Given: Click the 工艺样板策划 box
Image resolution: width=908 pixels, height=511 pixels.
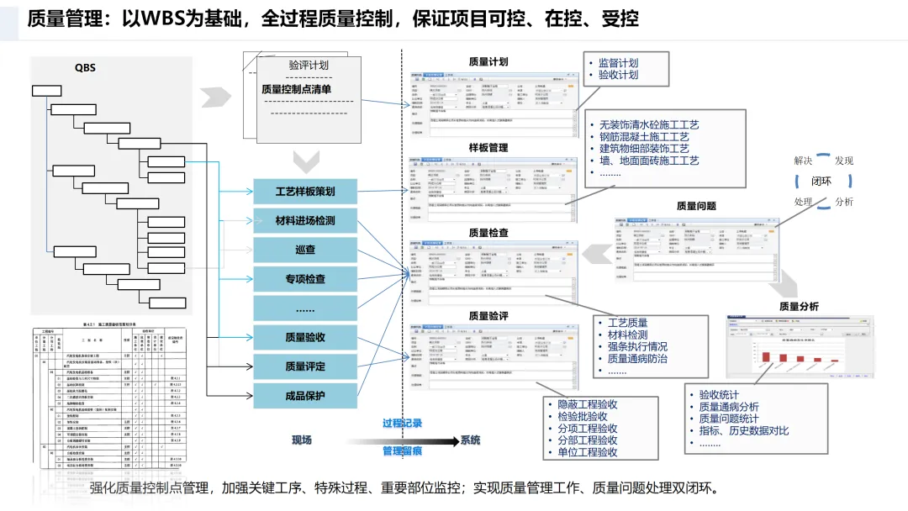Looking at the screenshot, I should [305, 192].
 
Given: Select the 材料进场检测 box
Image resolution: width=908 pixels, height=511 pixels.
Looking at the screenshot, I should [305, 221].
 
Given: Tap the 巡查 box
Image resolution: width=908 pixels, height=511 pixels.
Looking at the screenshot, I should [305, 250].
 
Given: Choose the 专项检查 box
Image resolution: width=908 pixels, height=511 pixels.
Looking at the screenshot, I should [305, 279].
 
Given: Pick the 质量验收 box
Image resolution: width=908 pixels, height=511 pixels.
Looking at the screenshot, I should [305, 337].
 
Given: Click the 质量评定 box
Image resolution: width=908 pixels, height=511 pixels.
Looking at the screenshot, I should [305, 366].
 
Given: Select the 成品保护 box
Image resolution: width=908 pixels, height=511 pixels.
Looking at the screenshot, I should [305, 395].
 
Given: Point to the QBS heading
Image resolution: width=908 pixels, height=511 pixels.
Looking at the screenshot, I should [85, 69].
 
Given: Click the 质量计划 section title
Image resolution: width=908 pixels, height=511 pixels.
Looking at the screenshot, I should [488, 62].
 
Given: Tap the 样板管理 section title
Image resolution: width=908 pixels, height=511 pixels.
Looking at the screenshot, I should [488, 148].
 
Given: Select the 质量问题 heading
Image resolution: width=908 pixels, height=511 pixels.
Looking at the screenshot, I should [696, 206].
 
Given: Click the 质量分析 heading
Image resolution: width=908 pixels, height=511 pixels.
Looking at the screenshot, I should [799, 306].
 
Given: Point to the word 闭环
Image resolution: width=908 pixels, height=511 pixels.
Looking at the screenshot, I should [821, 181].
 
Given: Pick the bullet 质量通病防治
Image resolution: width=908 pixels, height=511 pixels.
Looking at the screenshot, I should [637, 358].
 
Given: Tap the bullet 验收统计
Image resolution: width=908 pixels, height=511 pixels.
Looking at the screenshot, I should [719, 395].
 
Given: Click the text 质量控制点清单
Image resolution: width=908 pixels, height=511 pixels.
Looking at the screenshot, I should [296, 89].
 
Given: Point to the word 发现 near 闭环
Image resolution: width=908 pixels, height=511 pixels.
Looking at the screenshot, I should [844, 160].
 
